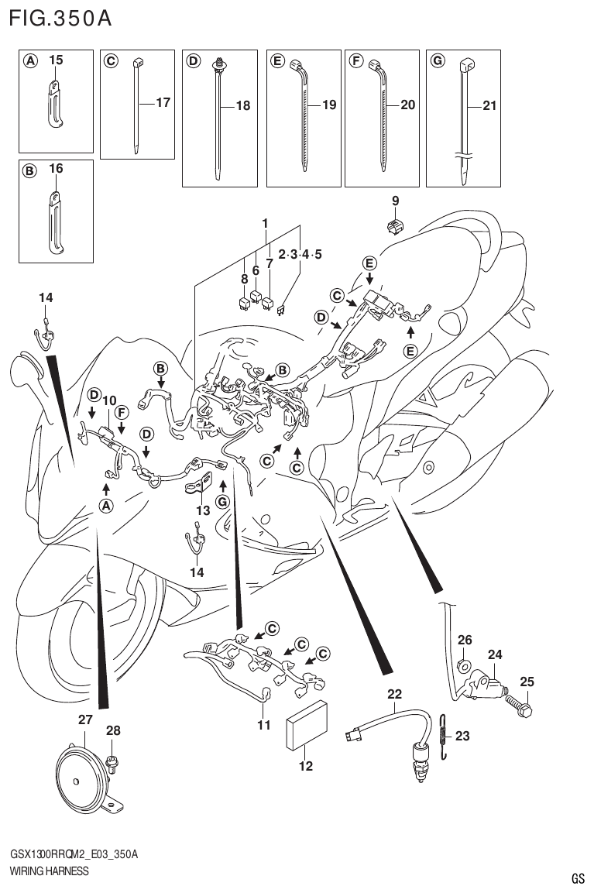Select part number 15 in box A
pyautogui.click(x=57, y=60)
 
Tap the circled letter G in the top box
pyautogui.click(x=437, y=60)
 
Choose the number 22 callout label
pyautogui.click(x=395, y=694)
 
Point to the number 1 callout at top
pyautogui.click(x=265, y=224)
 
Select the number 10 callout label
pyautogui.click(x=109, y=400)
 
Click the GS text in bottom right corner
pyautogui.click(x=578, y=878)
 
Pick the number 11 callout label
pyautogui.click(x=264, y=725)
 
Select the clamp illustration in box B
pyautogui.click(x=54, y=222)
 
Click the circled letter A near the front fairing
pyautogui.click(x=105, y=505)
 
